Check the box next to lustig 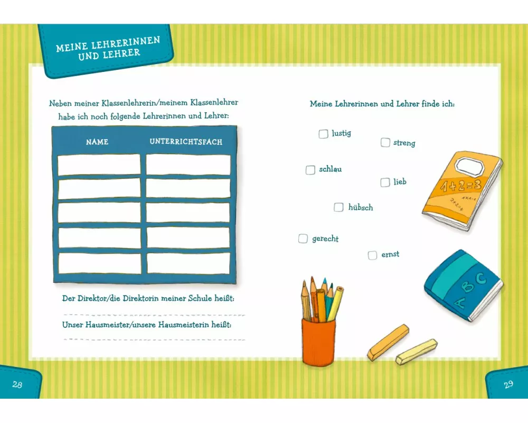click(323, 134)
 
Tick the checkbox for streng click(385, 142)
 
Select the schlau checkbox click(310, 170)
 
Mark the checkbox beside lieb click(385, 182)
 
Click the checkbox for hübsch click(338, 207)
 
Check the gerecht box click(303, 239)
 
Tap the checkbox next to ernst click(372, 255)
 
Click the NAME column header click(97, 142)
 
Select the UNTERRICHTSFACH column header click(186, 142)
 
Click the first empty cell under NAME click(99, 164)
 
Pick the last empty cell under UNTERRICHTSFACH click(188, 263)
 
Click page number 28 click(17, 384)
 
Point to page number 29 click(508, 384)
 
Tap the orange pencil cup click(318, 342)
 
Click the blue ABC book click(464, 286)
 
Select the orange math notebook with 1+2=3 click(462, 190)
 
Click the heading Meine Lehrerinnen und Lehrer click(108, 49)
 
